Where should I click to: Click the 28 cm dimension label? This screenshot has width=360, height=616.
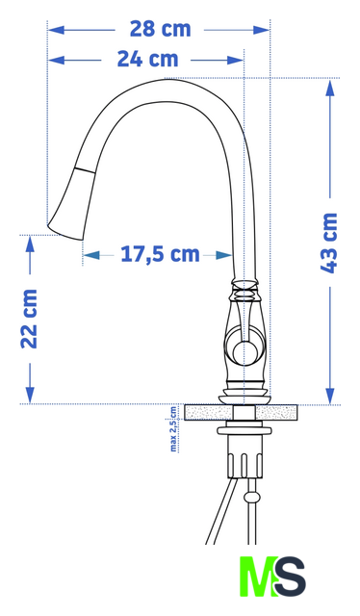pyautogui.click(x=160, y=30)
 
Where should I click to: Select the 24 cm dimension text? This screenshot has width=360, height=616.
pyautogui.click(x=148, y=60)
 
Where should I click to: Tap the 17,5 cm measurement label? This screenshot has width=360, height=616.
pyautogui.click(x=160, y=254)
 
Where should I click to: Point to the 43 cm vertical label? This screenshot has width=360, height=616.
pyautogui.click(x=329, y=243)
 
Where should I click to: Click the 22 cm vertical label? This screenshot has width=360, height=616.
pyautogui.click(x=29, y=319)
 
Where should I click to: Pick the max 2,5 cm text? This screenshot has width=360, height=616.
pyautogui.click(x=173, y=429)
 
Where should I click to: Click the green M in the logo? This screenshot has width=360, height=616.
pyautogui.click(x=257, y=577)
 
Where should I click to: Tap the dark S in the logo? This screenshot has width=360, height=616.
pyautogui.click(x=290, y=577)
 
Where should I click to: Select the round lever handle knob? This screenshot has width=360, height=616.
pyautogui.click(x=245, y=350)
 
